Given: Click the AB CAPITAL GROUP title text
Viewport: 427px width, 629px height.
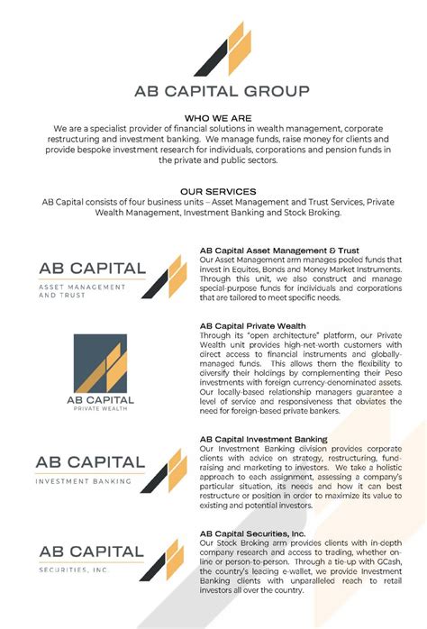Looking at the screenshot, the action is pos(221,90).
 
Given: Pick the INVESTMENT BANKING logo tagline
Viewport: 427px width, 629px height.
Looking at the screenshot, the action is pos(83,480).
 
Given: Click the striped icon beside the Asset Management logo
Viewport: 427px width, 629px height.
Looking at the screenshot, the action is pos(167,275).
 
